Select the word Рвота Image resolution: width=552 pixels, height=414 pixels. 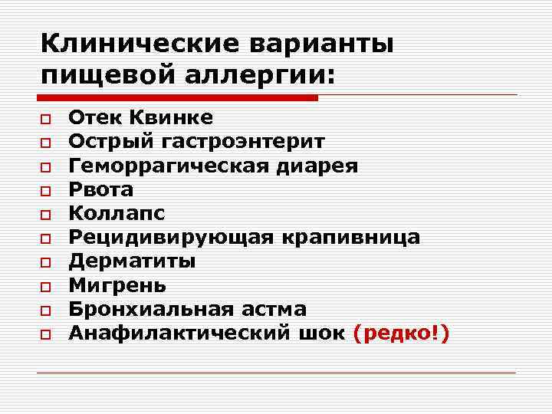pos(100,189)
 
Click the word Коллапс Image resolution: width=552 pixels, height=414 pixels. pos(117,213)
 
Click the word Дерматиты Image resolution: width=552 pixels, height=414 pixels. pos(132,261)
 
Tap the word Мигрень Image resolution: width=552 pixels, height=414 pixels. pos(117,285)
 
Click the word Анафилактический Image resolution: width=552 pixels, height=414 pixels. pos(178,333)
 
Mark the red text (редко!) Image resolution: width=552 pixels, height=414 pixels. pos(401,333)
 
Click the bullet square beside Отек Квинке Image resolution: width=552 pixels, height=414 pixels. pos(46,120)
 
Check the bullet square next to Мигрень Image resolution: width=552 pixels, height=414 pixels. pos(46,287)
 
